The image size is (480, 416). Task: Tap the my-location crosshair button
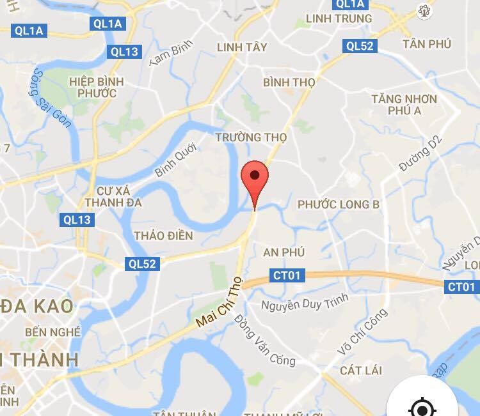(422, 407)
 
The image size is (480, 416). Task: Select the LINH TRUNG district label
(339, 18)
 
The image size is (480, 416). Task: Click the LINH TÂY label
(241, 47)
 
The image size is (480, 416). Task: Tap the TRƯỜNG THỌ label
(251, 137)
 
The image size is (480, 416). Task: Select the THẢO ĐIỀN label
(163, 236)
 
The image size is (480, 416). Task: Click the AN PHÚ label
(284, 252)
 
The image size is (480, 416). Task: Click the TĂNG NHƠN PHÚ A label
(404, 105)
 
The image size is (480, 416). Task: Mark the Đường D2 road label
(420, 155)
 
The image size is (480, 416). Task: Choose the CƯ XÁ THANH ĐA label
(118, 197)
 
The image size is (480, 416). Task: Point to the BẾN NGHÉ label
(53, 332)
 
